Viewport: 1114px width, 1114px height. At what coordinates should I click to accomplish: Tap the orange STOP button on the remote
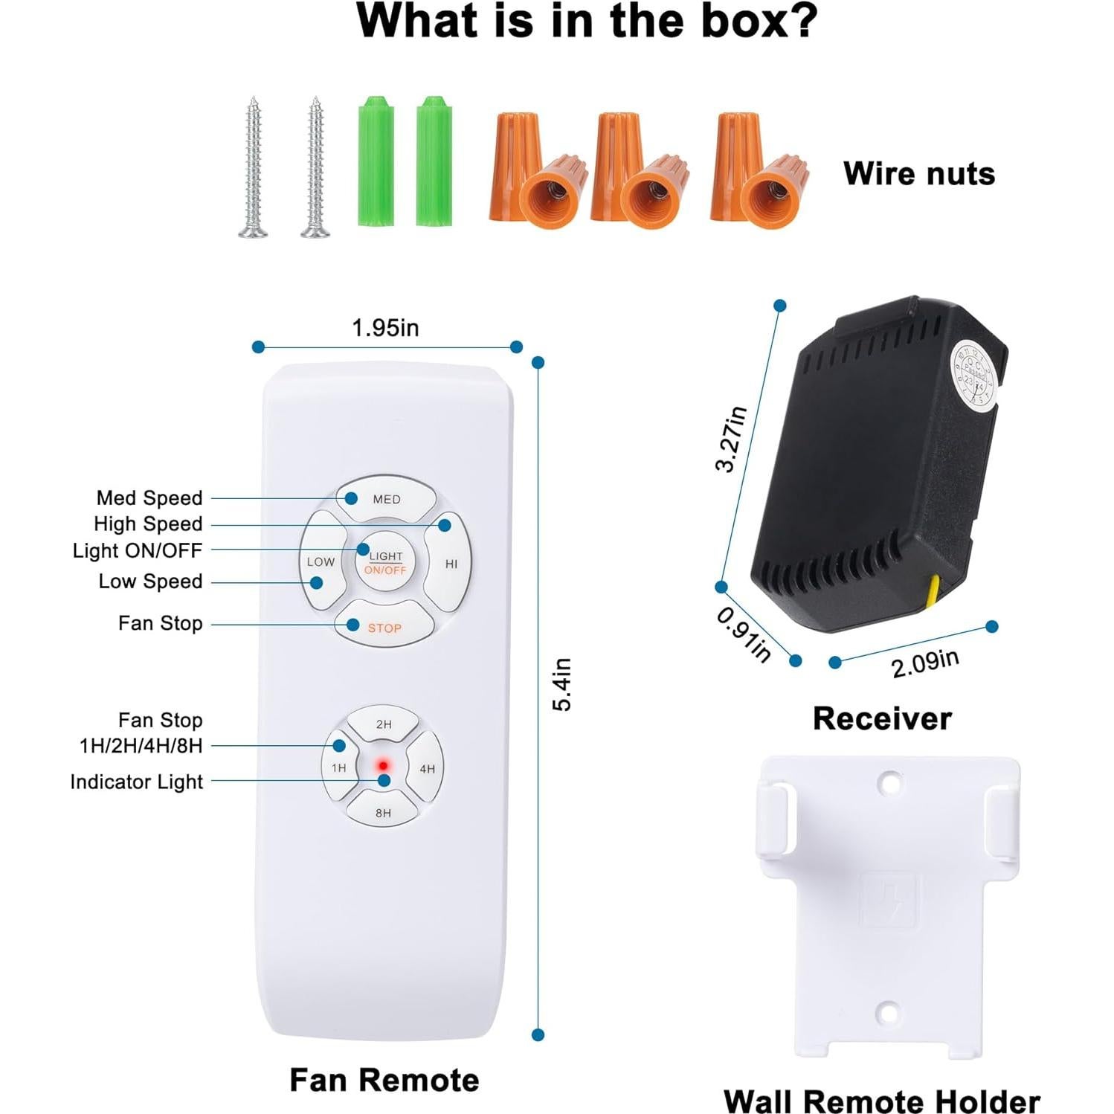click(x=384, y=627)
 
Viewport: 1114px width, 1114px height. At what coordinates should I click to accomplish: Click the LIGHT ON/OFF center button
click(x=385, y=562)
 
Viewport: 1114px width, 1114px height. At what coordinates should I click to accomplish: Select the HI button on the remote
click(x=451, y=563)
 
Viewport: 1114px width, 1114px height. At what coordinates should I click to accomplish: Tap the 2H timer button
click(x=384, y=724)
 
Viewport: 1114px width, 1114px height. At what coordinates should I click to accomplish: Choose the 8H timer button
click(x=383, y=812)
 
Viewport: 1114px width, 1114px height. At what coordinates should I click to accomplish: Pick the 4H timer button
click(x=427, y=768)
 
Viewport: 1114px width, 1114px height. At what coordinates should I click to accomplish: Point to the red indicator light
click(x=383, y=765)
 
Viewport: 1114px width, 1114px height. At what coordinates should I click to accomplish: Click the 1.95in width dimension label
click(x=385, y=327)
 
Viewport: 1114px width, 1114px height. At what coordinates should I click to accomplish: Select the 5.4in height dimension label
click(x=563, y=684)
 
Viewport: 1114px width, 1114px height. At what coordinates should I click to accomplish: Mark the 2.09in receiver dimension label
click(x=925, y=663)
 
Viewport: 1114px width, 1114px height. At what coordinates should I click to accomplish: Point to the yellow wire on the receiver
click(x=932, y=591)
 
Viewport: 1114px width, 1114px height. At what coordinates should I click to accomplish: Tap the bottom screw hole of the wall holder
click(x=887, y=1012)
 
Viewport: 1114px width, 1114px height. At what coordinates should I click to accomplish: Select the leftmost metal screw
click(x=254, y=167)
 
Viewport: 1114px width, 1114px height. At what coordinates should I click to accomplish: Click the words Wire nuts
click(x=919, y=173)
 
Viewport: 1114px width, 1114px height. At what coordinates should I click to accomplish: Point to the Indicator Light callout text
click(x=136, y=782)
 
